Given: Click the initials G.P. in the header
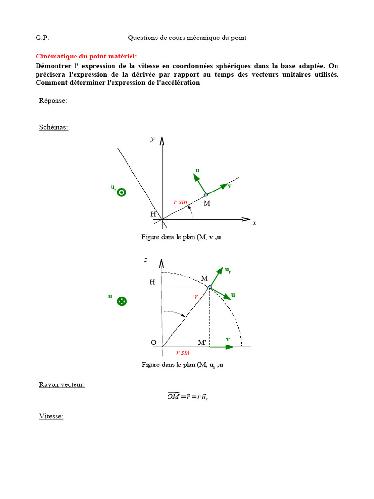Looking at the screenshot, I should [42, 38].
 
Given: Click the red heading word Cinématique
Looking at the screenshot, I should [56, 57].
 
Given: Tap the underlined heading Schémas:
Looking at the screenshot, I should [54, 127].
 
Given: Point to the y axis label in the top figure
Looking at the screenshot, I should [153, 139].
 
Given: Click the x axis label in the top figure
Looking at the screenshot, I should [254, 223].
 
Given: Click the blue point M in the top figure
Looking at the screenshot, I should [206, 194].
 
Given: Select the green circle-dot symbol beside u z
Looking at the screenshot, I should [122, 192].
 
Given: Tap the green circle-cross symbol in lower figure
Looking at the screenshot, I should [122, 301].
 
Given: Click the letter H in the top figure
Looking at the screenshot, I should [153, 214].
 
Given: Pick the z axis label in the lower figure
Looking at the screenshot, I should [145, 260].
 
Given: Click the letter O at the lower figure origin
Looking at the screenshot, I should [153, 343].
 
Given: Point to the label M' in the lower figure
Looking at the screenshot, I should [202, 342].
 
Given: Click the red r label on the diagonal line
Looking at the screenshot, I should [196, 296].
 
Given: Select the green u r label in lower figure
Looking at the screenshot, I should [227, 270].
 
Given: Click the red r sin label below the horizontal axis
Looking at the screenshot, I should [183, 353].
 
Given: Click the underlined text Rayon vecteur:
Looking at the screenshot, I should [62, 384].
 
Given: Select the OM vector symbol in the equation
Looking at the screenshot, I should [174, 396].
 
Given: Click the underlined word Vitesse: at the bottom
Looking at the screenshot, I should [51, 416].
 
